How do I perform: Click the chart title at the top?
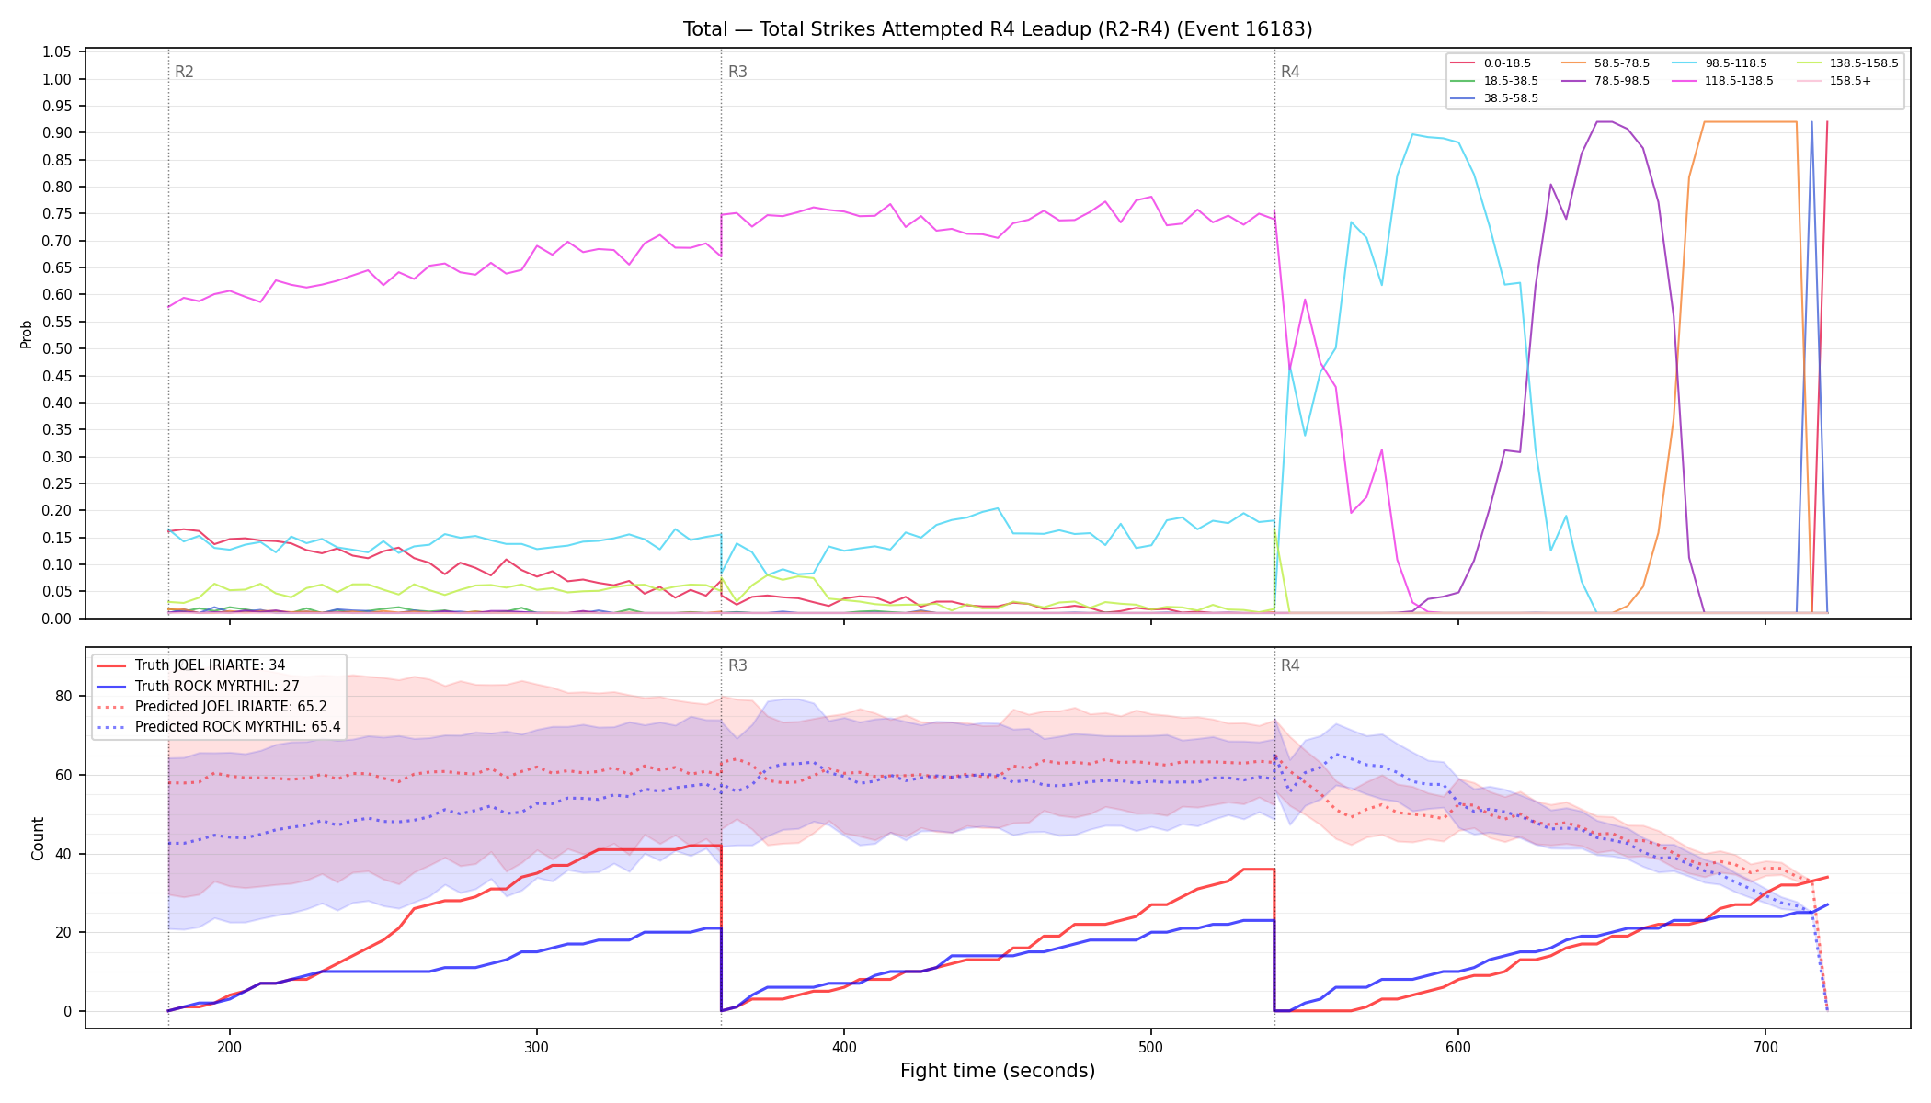998,29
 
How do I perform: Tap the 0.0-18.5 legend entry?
1491,63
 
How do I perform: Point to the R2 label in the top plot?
184,72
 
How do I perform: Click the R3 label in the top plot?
737,72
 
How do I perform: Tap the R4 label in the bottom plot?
1290,665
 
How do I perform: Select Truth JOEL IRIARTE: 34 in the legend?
219,665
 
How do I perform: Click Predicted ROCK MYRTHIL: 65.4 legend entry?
219,727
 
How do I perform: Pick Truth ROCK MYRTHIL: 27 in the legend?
219,686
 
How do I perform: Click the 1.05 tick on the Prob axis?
57,52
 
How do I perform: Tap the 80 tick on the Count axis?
63,696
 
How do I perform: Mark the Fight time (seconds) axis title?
998,1071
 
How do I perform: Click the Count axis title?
38,838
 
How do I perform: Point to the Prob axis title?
26,334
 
